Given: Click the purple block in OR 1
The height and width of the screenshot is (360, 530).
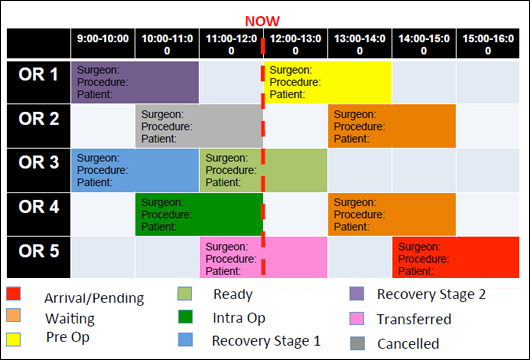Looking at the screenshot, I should (135, 82).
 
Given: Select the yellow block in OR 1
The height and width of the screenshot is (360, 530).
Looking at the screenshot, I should (327, 82).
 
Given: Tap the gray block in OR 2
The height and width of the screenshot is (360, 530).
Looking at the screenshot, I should (199, 126).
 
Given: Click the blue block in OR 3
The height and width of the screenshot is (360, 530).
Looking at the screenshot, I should (135, 170).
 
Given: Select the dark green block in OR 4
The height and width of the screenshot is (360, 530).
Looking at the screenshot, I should (199, 214).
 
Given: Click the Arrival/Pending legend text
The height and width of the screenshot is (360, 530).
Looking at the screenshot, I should (94, 298).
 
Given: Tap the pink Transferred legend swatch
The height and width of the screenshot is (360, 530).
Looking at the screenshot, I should (357, 319).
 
